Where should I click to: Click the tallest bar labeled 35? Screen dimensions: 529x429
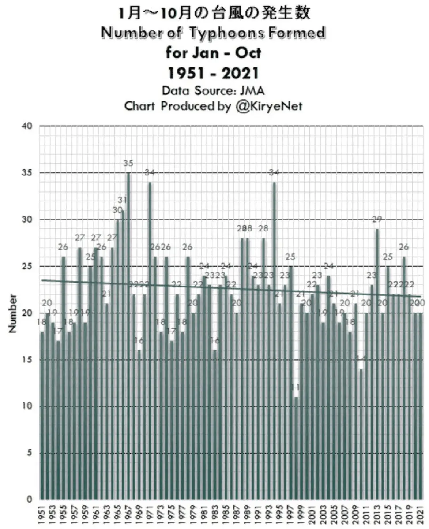pyautogui.click(x=128, y=335)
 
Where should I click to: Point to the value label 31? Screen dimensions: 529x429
pyautogui.click(x=123, y=200)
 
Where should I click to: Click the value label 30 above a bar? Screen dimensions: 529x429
pyautogui.click(x=117, y=210)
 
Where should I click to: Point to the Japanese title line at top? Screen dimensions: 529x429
pyautogui.click(x=214, y=13)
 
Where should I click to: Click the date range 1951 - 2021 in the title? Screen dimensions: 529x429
pyautogui.click(x=214, y=73)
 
